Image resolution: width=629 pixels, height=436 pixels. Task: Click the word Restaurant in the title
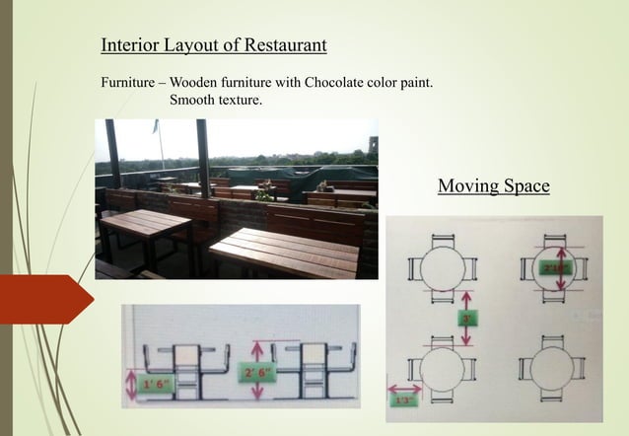point(285,45)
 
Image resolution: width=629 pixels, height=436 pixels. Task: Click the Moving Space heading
point(493,185)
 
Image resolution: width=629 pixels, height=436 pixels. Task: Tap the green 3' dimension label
point(465,319)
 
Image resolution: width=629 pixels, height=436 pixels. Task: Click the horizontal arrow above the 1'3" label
point(403,390)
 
